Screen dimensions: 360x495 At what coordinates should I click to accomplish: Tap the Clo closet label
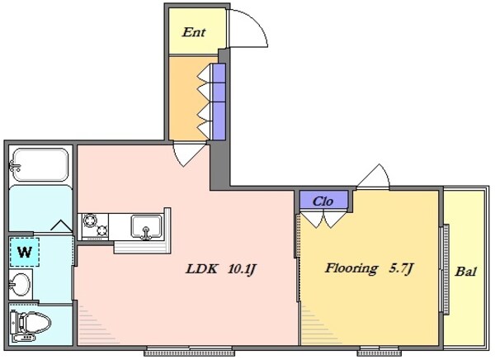(x=323, y=200)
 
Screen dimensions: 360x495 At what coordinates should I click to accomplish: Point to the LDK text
(x=200, y=268)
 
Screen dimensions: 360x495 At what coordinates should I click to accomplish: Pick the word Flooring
(x=351, y=268)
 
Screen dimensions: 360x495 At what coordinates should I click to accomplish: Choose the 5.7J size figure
(x=400, y=268)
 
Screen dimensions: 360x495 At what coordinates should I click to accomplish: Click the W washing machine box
(x=25, y=253)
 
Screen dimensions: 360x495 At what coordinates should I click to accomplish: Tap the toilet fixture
(x=31, y=321)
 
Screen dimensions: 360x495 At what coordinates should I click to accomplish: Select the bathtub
(x=39, y=166)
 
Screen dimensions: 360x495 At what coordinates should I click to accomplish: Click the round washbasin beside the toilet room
(x=22, y=286)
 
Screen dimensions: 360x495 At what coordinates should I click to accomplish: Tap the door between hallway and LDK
(x=189, y=154)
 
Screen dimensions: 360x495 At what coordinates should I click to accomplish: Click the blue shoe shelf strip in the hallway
(x=219, y=101)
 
